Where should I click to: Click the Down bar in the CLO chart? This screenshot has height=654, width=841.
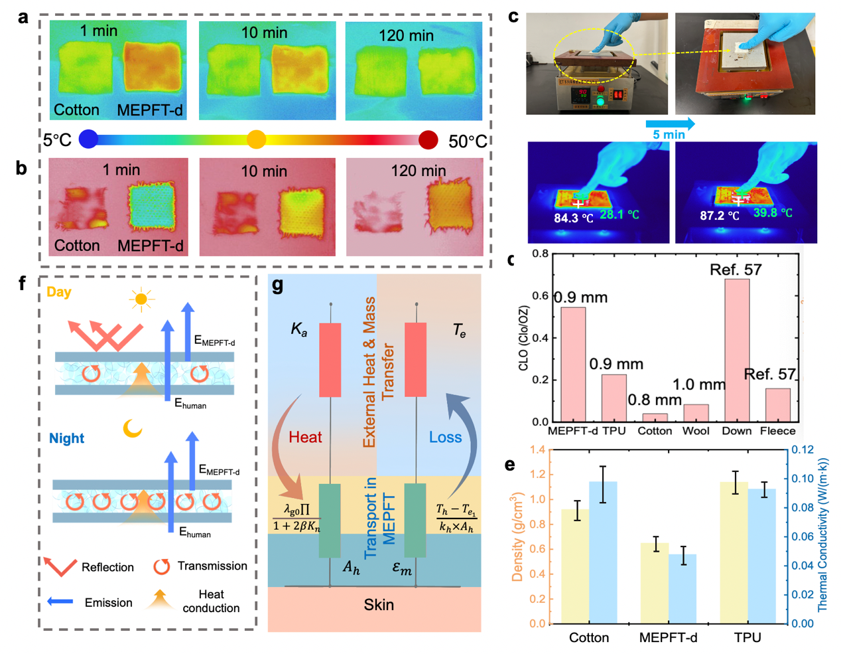[737, 350]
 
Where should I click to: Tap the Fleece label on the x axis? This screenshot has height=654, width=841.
[777, 431]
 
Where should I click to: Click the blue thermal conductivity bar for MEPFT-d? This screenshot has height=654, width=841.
[682, 588]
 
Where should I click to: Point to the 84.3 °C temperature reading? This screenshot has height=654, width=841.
[574, 217]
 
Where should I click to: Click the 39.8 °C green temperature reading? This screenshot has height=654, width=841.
[773, 213]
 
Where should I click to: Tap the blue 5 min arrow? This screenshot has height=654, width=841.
[670, 124]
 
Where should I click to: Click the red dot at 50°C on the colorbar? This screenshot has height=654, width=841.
[428, 140]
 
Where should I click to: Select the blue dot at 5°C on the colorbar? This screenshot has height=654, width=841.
[88, 139]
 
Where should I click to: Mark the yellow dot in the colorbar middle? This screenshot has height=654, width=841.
[256, 139]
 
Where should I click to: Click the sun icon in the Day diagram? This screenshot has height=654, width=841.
[141, 299]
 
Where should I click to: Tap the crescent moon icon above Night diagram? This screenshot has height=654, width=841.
[133, 429]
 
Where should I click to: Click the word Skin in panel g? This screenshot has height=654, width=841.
[379, 605]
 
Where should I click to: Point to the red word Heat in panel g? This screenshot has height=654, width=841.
[305, 438]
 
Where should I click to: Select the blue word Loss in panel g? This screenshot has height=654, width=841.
[445, 438]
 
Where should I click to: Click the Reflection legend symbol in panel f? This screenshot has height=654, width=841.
[60, 566]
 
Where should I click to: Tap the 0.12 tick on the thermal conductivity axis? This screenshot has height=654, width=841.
[803, 450]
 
